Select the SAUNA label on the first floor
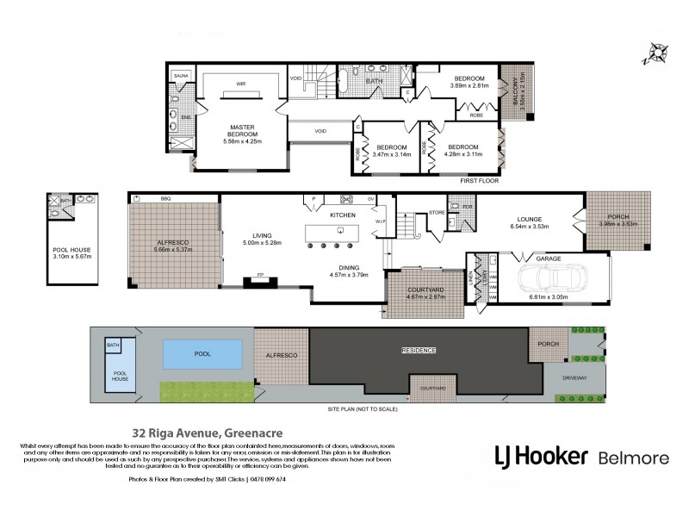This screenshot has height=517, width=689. pyautogui.click(x=181, y=76)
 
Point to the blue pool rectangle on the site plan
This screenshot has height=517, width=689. pyautogui.click(x=202, y=352)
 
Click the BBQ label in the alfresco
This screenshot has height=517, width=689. pyautogui.click(x=165, y=198)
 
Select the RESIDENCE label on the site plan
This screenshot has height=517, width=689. pyautogui.click(x=419, y=351)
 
